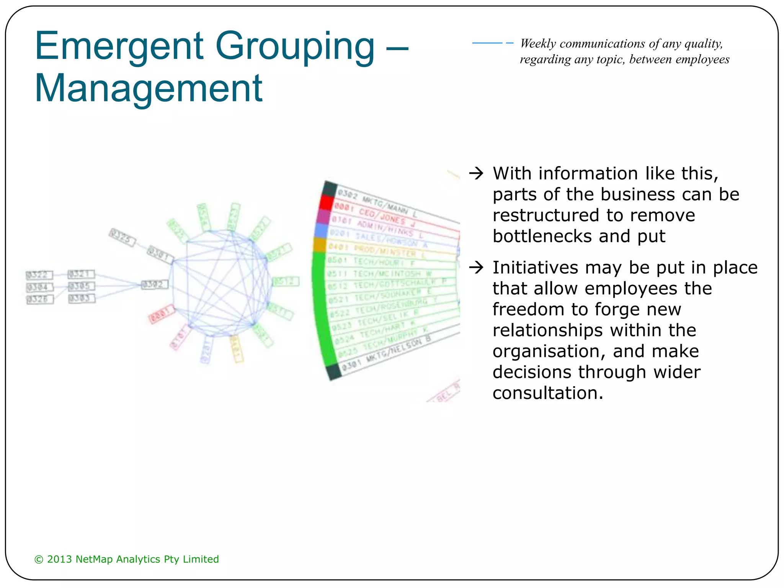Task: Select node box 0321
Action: [x=81, y=274]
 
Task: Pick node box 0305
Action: [x=81, y=286]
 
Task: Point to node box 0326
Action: [x=39, y=299]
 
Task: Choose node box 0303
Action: [x=81, y=298]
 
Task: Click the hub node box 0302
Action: [x=154, y=285]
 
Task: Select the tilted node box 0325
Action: [x=122, y=237]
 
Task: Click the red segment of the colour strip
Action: [x=326, y=203]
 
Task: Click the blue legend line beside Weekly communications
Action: [x=492, y=43]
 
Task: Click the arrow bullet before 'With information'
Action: [x=476, y=173]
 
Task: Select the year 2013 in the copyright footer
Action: [x=59, y=559]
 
